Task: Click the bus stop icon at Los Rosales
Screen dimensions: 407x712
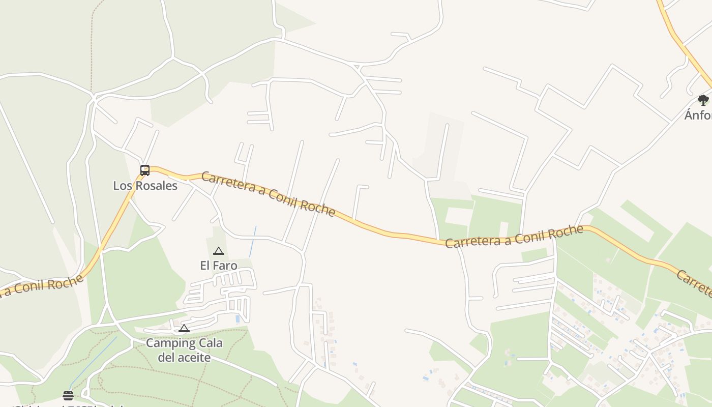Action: coord(145,170)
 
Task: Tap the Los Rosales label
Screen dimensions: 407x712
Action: coord(145,186)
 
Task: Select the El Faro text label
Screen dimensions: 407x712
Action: coord(219,266)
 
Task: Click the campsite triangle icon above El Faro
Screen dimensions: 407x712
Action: coord(219,251)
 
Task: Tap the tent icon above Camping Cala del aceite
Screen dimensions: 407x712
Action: coord(184,329)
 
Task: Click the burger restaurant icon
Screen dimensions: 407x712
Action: coord(68,395)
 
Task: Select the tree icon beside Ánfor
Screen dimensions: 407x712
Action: coord(703,100)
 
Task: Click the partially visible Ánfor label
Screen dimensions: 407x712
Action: coord(698,115)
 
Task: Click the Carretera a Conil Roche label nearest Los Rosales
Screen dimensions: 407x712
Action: coord(268,194)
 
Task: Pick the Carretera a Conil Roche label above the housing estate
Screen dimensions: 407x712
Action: coord(514,237)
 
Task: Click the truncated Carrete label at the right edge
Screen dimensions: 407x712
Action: coord(695,284)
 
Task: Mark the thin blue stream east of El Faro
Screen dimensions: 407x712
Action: coord(253,242)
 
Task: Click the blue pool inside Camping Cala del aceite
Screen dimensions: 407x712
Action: coord(238,319)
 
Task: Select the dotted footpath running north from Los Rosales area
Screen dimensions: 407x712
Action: coord(92,46)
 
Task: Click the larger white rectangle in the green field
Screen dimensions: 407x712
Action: coord(459,216)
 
